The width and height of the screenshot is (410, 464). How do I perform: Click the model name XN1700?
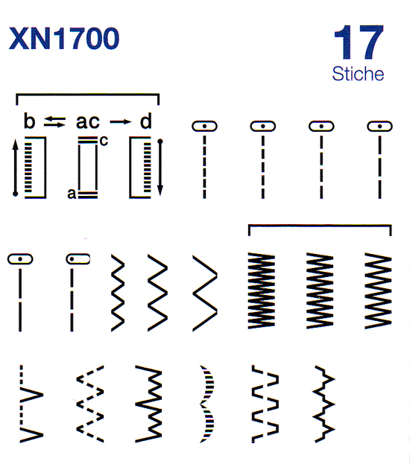(x=64, y=39)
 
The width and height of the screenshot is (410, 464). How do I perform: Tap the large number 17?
(x=359, y=42)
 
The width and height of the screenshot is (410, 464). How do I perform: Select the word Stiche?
(x=358, y=74)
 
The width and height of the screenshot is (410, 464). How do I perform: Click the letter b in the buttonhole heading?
(x=29, y=121)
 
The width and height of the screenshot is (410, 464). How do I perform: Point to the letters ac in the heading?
(x=88, y=122)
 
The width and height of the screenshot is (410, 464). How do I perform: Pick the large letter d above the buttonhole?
(x=146, y=121)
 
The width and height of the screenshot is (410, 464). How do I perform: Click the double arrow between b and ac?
(x=55, y=121)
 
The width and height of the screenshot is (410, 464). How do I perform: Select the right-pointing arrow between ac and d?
(x=121, y=121)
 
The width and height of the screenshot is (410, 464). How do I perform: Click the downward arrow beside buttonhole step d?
(x=160, y=168)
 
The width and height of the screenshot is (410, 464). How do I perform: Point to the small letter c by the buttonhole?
(x=104, y=142)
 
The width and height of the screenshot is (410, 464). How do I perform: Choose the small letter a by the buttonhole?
(x=72, y=194)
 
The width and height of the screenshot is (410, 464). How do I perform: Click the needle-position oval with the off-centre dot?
(x=78, y=259)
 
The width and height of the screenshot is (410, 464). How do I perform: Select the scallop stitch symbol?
(x=207, y=404)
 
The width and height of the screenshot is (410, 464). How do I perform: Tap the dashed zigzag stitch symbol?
(x=90, y=404)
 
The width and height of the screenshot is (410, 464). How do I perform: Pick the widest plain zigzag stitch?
(x=205, y=293)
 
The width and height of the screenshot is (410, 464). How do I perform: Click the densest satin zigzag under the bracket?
(x=262, y=290)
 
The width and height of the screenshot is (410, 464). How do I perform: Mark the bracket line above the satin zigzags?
(x=320, y=226)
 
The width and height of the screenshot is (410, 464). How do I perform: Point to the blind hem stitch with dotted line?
(x=31, y=404)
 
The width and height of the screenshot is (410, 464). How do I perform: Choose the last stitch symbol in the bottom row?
(x=324, y=404)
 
